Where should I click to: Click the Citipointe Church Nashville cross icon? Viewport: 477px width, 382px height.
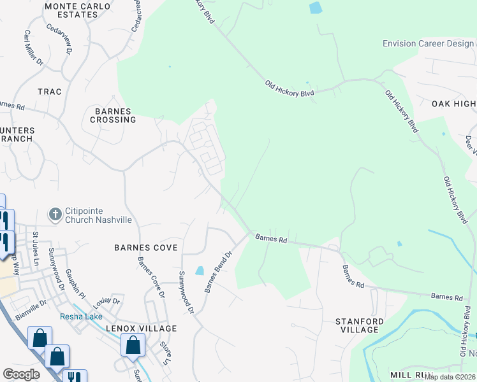tap(55, 214)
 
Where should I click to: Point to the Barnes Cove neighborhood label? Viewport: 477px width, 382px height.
tap(145, 247)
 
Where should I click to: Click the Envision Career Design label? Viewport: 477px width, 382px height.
tap(429, 44)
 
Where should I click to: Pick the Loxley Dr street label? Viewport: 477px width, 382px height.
tap(106, 300)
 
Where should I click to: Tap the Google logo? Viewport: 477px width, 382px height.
tap(21, 374)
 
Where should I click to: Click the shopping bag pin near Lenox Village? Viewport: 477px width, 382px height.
tap(133, 346)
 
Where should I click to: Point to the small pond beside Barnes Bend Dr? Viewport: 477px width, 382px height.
tap(200, 271)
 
